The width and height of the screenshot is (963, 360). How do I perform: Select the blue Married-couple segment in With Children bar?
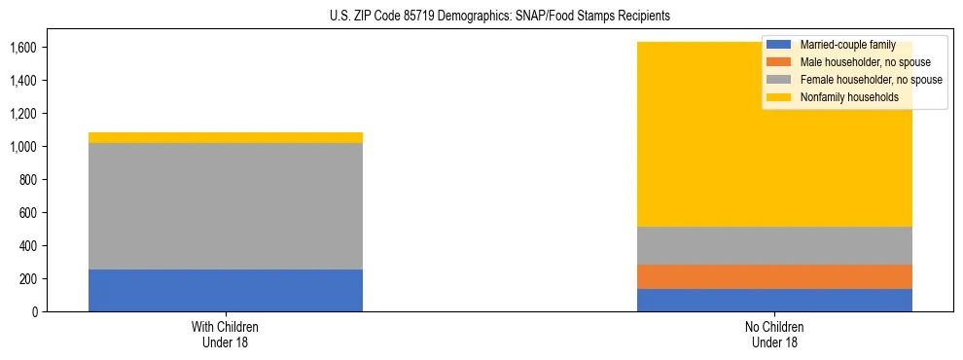point(226,290)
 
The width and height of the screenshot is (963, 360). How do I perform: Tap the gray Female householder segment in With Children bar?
point(226,206)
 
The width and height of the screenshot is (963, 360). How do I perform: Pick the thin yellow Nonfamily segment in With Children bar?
point(226,138)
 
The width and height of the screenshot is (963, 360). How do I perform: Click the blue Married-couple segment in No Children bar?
point(774,300)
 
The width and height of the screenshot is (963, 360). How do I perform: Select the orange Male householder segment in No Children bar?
point(774,277)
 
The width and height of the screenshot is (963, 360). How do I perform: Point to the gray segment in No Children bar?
point(774,245)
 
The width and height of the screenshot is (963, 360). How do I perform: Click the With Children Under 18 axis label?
point(226,334)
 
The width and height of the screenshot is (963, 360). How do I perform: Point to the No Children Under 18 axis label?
point(774,334)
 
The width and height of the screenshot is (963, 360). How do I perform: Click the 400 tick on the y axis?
point(26,246)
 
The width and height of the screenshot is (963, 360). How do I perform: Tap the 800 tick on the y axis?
point(26,180)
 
